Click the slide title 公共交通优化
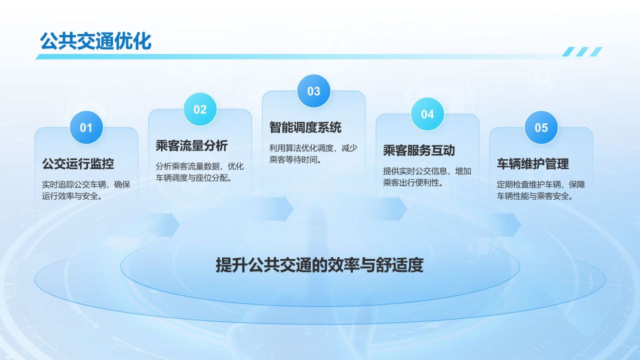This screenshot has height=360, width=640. (x=95, y=41)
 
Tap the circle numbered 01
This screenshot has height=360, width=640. (x=86, y=127)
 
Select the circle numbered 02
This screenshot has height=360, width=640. (x=200, y=109)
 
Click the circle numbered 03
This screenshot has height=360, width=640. (x=313, y=91)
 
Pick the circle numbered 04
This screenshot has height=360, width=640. (x=427, y=114)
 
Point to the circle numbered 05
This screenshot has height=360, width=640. (x=541, y=127)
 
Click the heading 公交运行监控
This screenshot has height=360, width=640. (x=78, y=163)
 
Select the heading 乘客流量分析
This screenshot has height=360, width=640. (x=191, y=145)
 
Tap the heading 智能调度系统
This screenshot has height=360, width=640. (x=305, y=127)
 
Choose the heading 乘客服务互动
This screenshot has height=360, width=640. (x=419, y=150)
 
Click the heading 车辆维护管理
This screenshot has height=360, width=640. (x=533, y=163)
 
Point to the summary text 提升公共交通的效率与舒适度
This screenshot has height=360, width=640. (x=319, y=265)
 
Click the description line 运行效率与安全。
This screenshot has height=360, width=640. (x=72, y=196)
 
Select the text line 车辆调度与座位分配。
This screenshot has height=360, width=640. (x=193, y=177)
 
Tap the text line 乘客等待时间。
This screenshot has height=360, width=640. (x=295, y=159)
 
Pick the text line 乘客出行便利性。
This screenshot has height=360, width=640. (x=413, y=182)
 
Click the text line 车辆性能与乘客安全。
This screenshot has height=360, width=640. (x=535, y=196)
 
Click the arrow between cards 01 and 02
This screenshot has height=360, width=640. (x=161, y=225)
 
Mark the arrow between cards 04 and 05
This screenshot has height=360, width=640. (x=503, y=225)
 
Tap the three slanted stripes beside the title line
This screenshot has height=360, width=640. (x=582, y=51)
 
